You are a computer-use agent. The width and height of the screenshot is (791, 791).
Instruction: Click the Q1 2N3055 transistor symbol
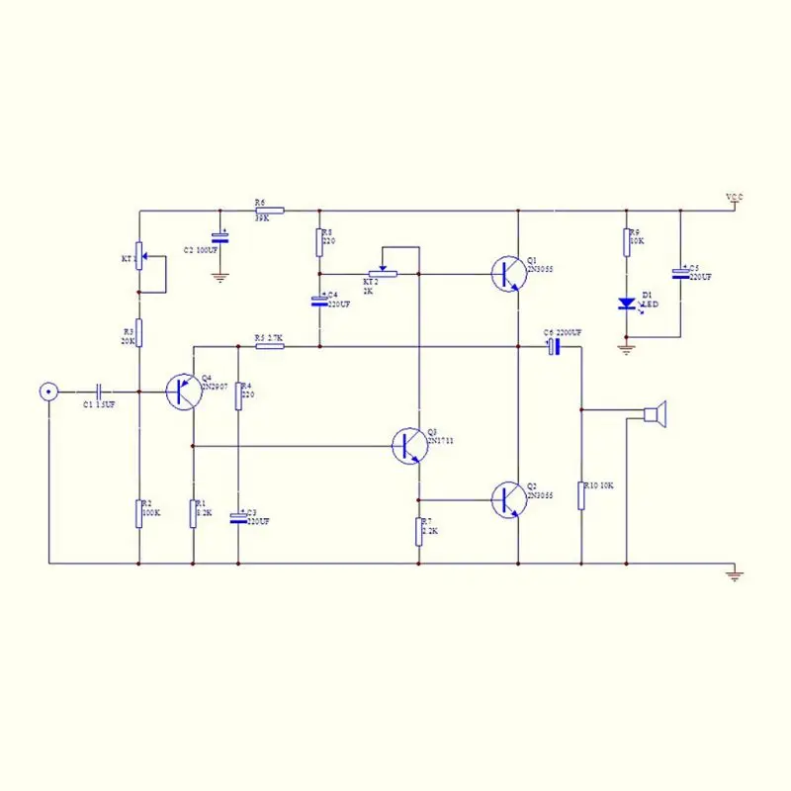click(x=507, y=273)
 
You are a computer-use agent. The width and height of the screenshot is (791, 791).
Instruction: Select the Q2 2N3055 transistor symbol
click(x=507, y=499)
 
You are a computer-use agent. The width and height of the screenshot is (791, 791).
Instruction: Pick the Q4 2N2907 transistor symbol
click(x=182, y=392)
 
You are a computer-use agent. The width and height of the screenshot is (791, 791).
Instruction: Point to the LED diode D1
click(x=626, y=304)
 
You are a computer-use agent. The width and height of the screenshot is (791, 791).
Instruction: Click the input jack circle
click(x=46, y=392)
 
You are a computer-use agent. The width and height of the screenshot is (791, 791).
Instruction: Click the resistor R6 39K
click(x=269, y=211)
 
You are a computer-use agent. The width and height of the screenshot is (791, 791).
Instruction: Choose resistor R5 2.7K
click(x=269, y=347)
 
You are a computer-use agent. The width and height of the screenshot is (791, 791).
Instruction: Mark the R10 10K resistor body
click(x=580, y=495)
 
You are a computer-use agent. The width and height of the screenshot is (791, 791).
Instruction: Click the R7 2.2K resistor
click(x=418, y=531)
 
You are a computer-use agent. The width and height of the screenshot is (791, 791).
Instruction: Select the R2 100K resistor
click(x=139, y=513)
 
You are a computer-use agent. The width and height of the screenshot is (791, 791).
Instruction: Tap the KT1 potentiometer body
click(x=139, y=257)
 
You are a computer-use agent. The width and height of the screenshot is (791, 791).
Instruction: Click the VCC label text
click(x=734, y=199)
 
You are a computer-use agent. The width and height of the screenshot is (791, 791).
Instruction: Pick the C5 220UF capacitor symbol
click(x=679, y=273)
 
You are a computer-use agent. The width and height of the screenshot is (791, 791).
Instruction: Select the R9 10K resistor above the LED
click(x=626, y=242)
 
